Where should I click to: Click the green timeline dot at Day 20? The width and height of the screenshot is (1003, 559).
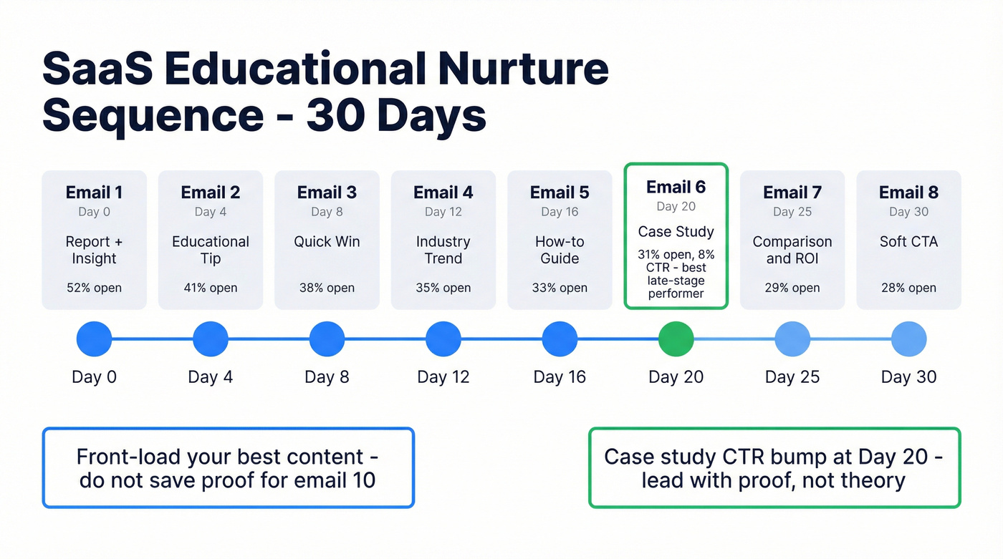[x=676, y=339]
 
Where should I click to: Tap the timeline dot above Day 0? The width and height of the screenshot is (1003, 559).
[x=94, y=339]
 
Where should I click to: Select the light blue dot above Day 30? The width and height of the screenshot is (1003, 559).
[x=908, y=339]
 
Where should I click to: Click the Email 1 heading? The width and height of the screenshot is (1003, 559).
[x=94, y=193]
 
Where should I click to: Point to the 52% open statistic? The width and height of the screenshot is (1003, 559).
[x=94, y=288]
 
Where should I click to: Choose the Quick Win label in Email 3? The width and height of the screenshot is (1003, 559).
[x=327, y=242]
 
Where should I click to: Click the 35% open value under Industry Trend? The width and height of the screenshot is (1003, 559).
[x=443, y=288]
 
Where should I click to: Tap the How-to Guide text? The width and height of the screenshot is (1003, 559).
[x=560, y=250]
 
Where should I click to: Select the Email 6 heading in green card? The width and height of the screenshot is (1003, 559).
[x=676, y=188]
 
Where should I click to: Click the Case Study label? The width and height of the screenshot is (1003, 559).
[x=676, y=232]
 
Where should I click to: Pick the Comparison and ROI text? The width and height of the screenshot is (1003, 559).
[x=792, y=250]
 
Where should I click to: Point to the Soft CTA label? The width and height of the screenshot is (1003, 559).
[x=908, y=242]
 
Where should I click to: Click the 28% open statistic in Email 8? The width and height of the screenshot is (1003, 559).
[x=908, y=288]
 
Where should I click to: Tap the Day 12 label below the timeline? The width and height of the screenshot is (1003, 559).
[x=443, y=377]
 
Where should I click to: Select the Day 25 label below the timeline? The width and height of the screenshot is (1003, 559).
[x=792, y=377]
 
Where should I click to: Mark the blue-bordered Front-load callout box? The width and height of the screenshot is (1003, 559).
[x=228, y=467]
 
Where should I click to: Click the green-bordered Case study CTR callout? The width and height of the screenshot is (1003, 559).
[x=774, y=467]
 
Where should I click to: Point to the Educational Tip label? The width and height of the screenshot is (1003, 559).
[x=211, y=250]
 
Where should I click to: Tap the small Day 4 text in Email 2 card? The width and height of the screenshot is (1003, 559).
[x=211, y=212]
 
